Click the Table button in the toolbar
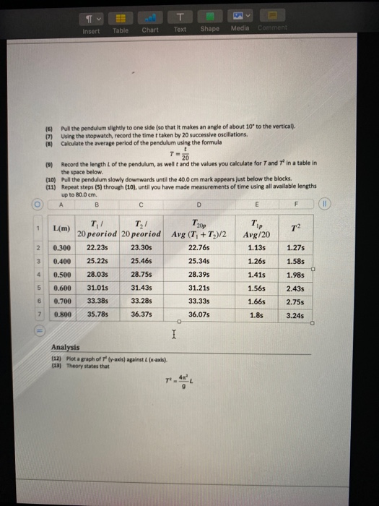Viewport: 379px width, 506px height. click(x=121, y=23)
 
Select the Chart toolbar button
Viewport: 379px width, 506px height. click(x=150, y=23)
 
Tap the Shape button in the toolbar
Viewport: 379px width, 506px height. click(x=209, y=23)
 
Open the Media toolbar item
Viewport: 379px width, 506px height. click(x=239, y=23)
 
